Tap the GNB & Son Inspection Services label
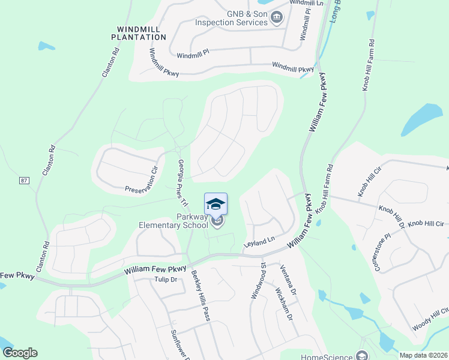point(231,18)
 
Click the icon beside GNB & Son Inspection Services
point(276,18)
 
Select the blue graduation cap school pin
point(216,204)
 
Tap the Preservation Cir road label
point(141,179)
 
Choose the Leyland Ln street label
point(259,242)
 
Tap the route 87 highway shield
point(24,180)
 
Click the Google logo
point(20,353)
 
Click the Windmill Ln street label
point(306,3)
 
